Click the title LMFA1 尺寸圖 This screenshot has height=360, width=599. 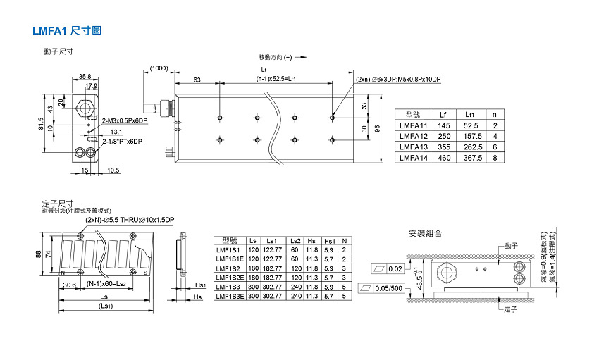[x=68, y=32]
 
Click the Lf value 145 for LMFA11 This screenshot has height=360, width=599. [x=443, y=125]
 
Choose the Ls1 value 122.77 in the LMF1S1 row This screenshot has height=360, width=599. [x=271, y=250]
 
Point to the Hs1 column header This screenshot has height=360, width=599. [x=328, y=241]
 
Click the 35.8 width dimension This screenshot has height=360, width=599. [x=85, y=76]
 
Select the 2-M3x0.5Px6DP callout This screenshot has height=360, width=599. [x=125, y=121]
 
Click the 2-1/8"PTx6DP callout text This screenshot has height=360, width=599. [x=123, y=142]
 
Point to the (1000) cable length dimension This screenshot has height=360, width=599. [x=159, y=68]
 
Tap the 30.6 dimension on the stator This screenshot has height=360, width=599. [x=69, y=285]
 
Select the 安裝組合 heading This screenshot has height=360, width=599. [x=425, y=233]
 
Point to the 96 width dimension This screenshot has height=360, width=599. [x=377, y=128]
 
